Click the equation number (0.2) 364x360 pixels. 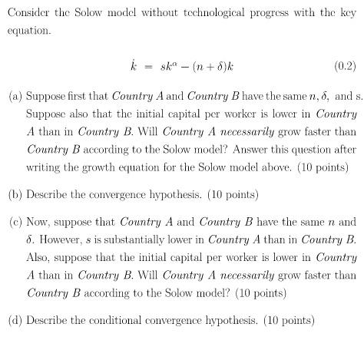click(x=345, y=65)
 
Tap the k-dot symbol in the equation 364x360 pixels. click(x=134, y=64)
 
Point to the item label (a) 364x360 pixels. click(x=15, y=97)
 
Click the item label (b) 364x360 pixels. click(x=15, y=194)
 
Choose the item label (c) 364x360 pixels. click(x=15, y=222)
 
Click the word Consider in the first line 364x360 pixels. click(x=28, y=12)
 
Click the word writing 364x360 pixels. click(x=45, y=167)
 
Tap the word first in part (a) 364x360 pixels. click(x=94, y=97)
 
